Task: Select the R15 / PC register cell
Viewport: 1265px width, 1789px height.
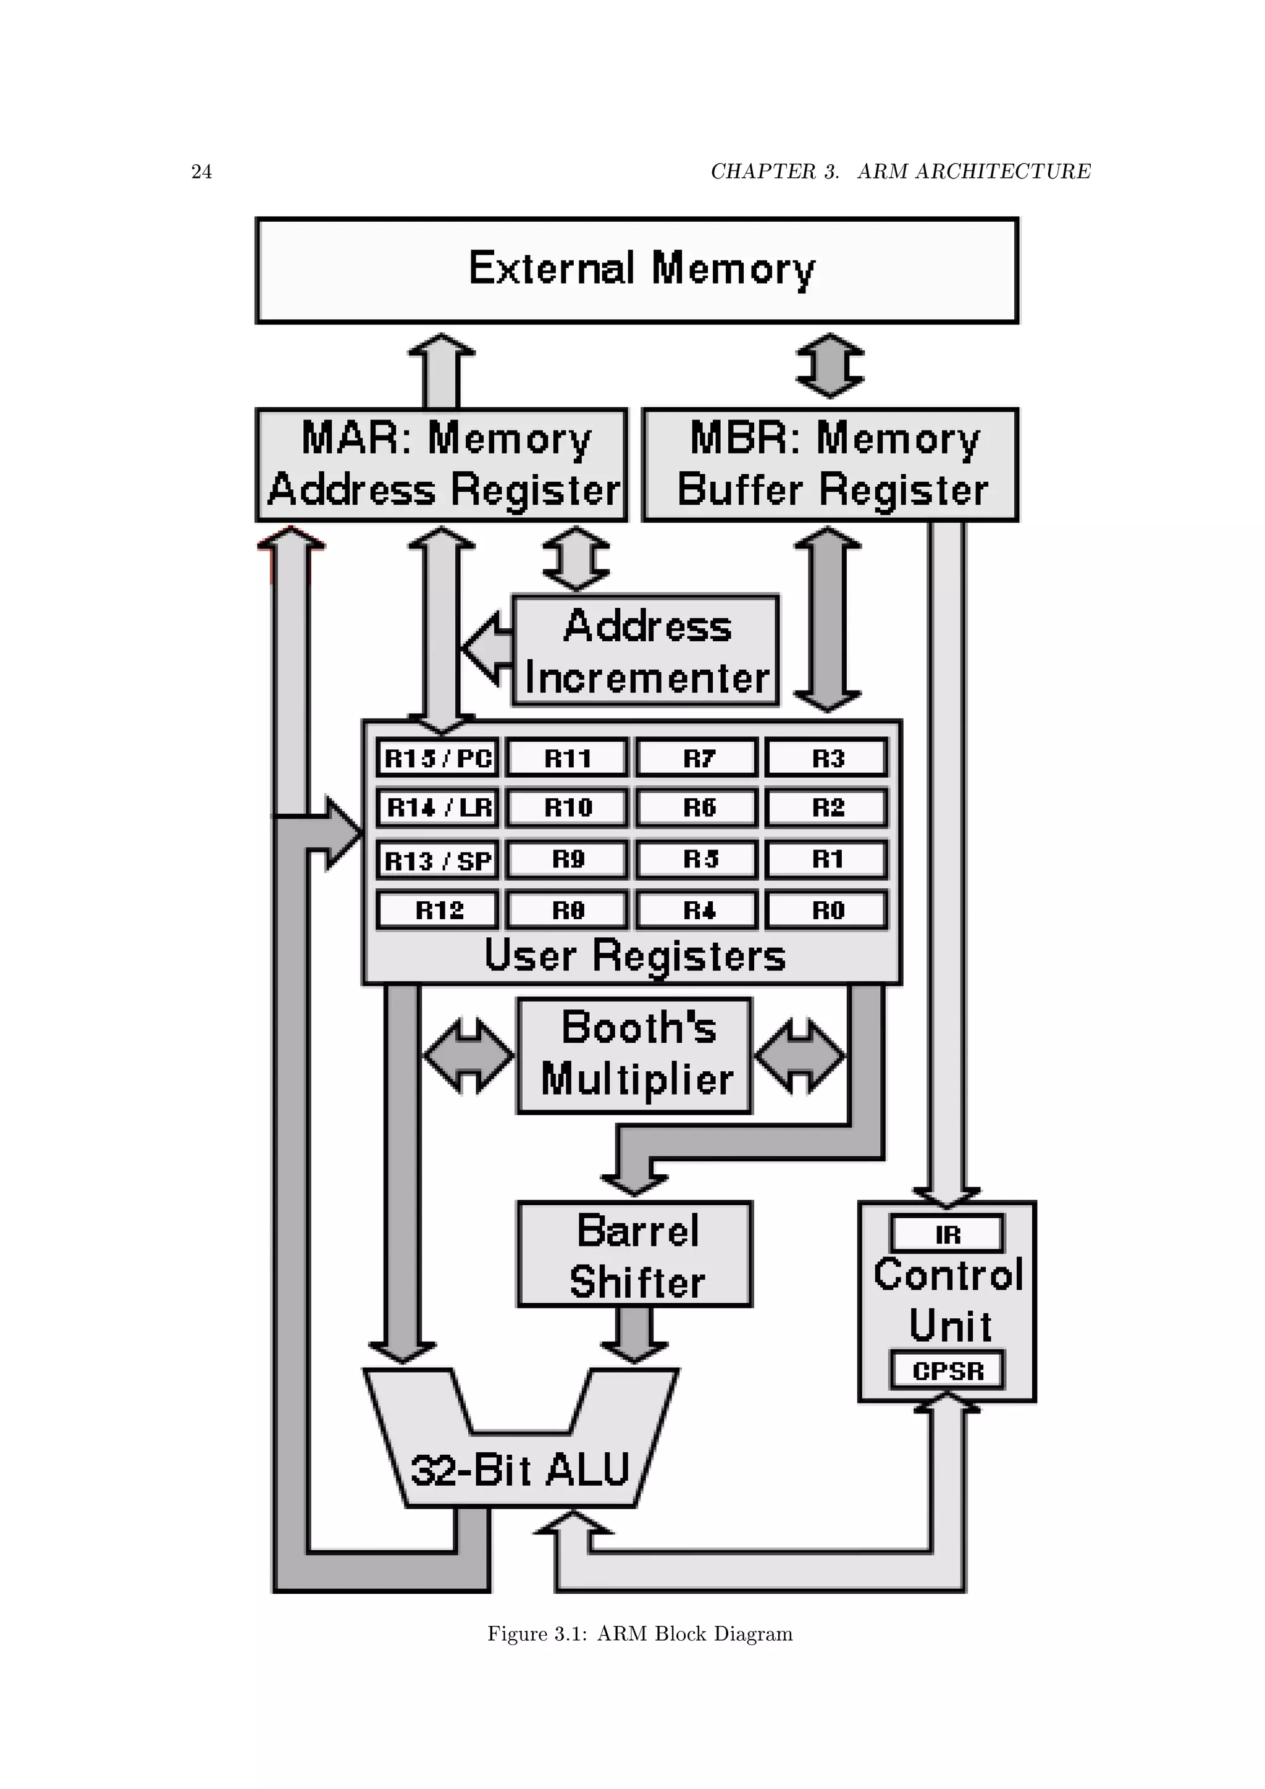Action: (x=438, y=757)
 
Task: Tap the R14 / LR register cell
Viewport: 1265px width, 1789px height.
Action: (x=438, y=807)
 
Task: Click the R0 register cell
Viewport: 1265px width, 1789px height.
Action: (x=826, y=910)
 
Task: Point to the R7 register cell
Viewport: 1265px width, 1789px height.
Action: (x=697, y=757)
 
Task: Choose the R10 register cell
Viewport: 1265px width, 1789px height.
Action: (x=567, y=807)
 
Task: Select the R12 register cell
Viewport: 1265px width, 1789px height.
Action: (x=438, y=910)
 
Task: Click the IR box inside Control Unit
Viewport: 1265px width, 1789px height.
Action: (x=947, y=1234)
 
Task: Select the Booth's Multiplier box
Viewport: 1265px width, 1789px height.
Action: (x=635, y=1055)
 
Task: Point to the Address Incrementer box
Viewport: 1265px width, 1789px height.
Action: (x=645, y=650)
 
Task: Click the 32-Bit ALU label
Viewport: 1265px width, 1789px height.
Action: (x=519, y=1470)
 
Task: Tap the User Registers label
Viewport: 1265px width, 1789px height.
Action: (x=635, y=955)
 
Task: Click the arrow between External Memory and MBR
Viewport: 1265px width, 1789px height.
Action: (x=830, y=366)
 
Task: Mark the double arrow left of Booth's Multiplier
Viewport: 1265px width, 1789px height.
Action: (x=468, y=1056)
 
